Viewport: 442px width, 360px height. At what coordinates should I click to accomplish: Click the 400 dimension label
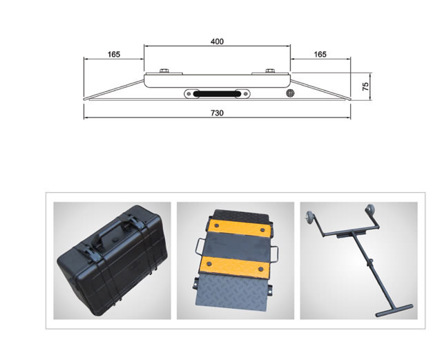point(217,41)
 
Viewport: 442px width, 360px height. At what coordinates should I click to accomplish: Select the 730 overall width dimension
point(217,113)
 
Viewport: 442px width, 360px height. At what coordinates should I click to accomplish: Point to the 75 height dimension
point(365,86)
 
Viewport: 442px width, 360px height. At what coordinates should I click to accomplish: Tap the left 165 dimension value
point(114,54)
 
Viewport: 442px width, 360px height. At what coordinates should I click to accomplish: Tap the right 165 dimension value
point(320,54)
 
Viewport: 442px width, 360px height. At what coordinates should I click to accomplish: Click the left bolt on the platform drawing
point(164,70)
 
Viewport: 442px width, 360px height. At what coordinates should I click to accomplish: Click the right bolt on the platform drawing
point(270,70)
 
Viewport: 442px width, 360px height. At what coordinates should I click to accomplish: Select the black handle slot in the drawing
point(217,94)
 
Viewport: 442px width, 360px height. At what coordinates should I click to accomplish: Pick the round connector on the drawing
point(290,93)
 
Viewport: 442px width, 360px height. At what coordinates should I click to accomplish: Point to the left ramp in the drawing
point(114,90)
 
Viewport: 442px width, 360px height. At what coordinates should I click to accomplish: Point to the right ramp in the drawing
point(320,90)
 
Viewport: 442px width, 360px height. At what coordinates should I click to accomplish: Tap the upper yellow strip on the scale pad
point(240,228)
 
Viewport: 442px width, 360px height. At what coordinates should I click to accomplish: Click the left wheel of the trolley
point(309,218)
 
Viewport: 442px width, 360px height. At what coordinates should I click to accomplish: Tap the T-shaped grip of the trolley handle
point(394,311)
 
